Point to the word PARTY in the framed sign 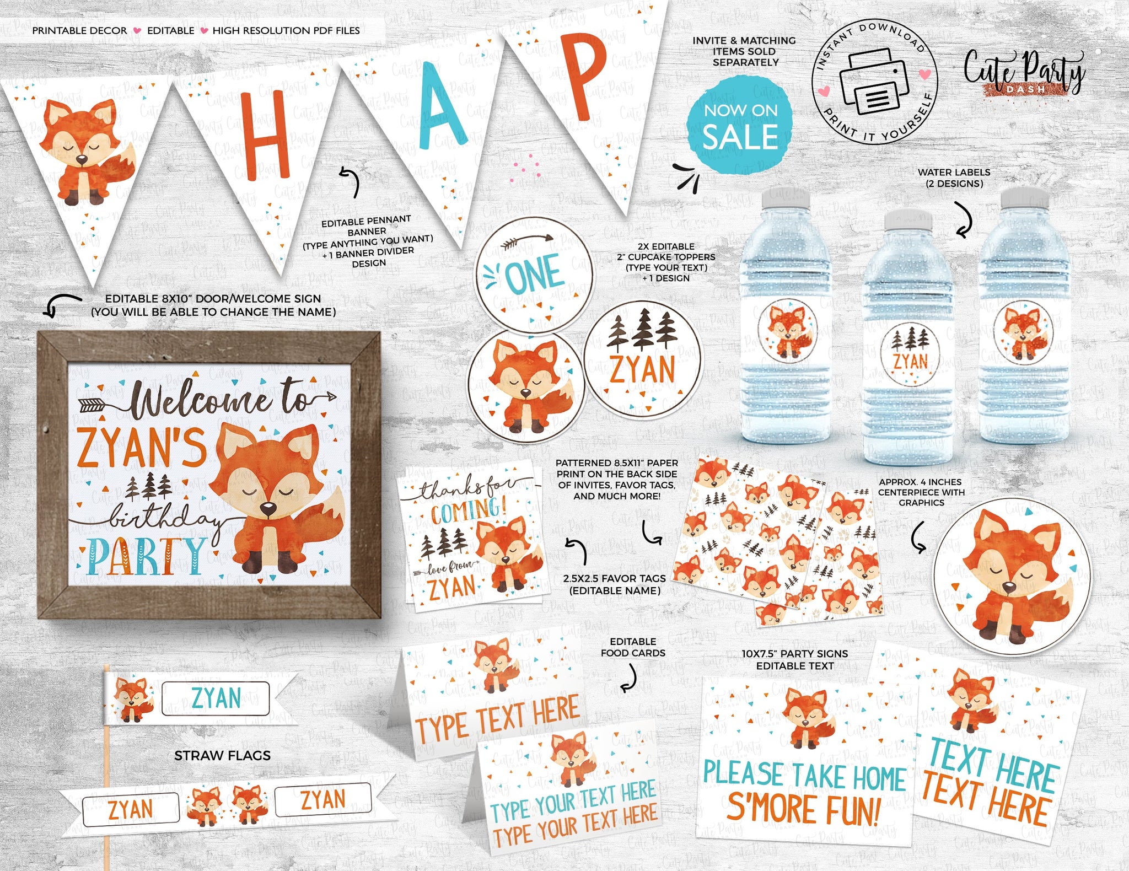146,557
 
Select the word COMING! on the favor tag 468,510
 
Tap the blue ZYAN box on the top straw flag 216,698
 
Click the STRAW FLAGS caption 222,756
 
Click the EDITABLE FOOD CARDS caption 633,647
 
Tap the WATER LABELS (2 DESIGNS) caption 954,178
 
